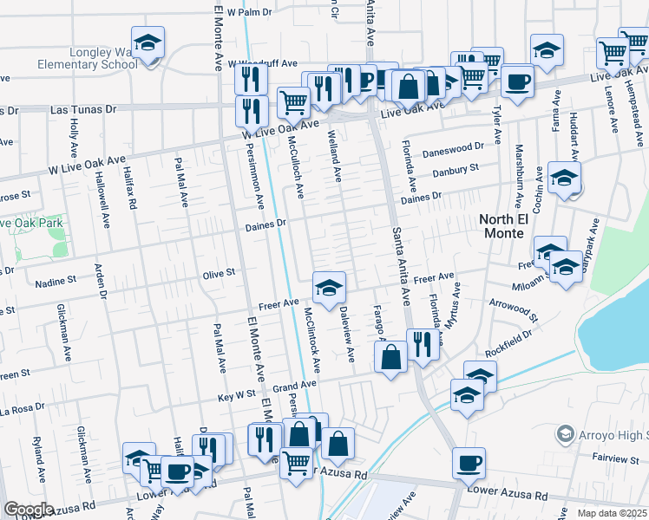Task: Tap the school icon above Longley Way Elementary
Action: click(x=147, y=42)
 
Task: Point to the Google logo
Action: click(x=29, y=510)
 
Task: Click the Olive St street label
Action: click(x=219, y=273)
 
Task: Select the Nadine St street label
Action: click(x=56, y=282)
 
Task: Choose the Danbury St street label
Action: click(x=456, y=170)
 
